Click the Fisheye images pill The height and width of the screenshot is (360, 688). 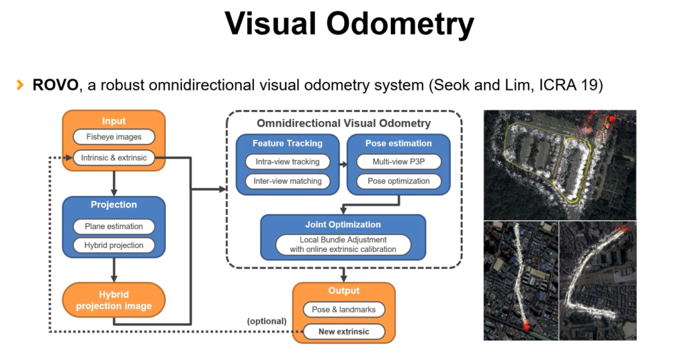pyautogui.click(x=113, y=138)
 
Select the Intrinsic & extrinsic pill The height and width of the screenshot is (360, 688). pyautogui.click(x=113, y=158)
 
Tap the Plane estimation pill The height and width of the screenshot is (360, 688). pyautogui.click(x=114, y=226)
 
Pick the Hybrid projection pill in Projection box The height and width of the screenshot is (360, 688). pyautogui.click(x=114, y=245)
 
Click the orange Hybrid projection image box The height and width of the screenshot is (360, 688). pyautogui.click(x=114, y=300)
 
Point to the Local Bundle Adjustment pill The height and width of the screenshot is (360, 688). pyautogui.click(x=343, y=244)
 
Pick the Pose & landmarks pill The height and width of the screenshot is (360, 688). pyautogui.click(x=343, y=310)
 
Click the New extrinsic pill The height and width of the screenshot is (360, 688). pyautogui.click(x=343, y=330)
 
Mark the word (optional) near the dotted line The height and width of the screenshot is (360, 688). pyautogui.click(x=267, y=321)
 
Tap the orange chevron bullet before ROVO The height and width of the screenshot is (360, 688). pyautogui.click(x=20, y=86)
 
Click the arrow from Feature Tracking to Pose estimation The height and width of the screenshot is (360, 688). pyautogui.click(x=342, y=163)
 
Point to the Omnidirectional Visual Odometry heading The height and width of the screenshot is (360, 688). pyautogui.click(x=343, y=124)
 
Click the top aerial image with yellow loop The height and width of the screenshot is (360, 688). pyautogui.click(x=560, y=165)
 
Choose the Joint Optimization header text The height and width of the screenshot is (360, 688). pyautogui.click(x=343, y=224)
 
